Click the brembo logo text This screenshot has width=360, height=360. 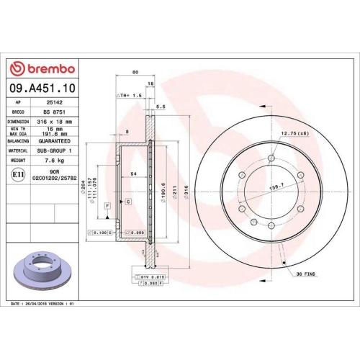(45, 68)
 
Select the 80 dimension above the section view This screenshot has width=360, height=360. (135, 73)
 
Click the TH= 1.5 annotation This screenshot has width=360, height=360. (130, 95)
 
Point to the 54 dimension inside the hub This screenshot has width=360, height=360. (134, 175)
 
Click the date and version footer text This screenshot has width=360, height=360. (45, 306)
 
